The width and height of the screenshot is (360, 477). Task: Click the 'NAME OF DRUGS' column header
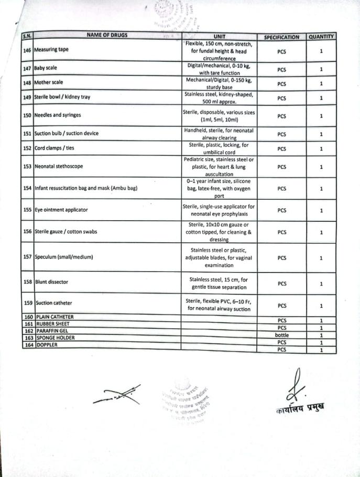(107, 35)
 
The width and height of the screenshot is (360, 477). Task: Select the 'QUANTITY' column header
(321, 37)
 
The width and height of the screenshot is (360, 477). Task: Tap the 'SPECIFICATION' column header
(281, 37)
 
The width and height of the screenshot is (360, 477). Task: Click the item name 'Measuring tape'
(51, 50)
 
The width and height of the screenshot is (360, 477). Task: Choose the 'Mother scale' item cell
(50, 83)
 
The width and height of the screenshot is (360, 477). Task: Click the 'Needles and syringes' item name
(58, 115)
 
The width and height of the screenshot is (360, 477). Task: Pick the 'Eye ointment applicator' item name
(61, 210)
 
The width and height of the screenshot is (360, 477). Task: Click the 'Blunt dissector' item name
(52, 282)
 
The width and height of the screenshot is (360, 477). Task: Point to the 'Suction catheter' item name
(54, 303)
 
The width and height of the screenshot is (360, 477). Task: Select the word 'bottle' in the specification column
(281, 335)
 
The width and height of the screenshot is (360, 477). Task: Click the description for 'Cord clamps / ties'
(219, 148)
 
